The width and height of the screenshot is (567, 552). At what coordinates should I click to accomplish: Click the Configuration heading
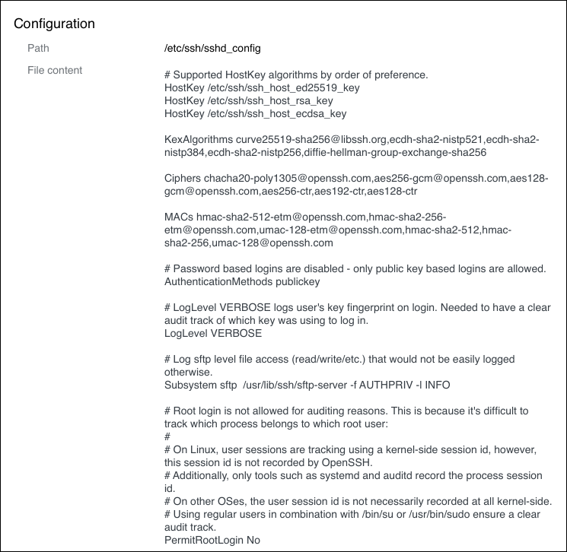(x=55, y=24)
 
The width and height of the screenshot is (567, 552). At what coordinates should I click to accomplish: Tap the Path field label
(x=38, y=48)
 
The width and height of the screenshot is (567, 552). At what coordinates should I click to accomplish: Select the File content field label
(x=55, y=70)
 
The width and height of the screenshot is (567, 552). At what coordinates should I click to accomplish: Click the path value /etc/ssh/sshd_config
(x=212, y=48)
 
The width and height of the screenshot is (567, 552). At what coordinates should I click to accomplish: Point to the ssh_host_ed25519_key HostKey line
(x=262, y=87)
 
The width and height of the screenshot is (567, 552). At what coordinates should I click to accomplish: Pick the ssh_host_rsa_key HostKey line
(x=248, y=100)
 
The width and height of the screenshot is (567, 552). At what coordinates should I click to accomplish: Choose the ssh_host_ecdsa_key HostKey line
(x=255, y=113)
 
